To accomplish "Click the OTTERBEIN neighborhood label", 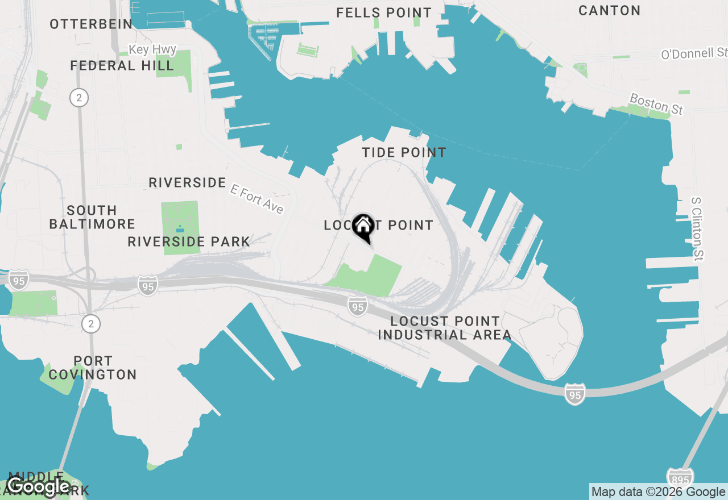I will [91, 24].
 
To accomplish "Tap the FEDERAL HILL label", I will [122, 66].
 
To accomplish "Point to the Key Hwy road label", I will [152, 50].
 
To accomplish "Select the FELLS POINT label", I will [384, 13].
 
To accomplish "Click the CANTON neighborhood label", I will [609, 10].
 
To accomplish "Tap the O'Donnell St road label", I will [694, 54].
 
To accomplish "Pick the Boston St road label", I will [656, 105].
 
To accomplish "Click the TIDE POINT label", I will [404, 152].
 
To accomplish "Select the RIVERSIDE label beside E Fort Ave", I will [187, 182].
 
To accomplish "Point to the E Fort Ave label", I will [257, 198].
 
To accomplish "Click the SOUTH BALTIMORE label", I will [92, 217].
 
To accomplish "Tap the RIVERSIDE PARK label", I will [189, 241].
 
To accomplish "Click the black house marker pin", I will [363, 227].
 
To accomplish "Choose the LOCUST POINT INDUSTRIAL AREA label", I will [445, 328].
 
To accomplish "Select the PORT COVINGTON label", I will [93, 368].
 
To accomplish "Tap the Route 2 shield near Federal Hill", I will [79, 98].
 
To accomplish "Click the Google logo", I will [38, 486].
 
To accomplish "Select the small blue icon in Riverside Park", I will [180, 229].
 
